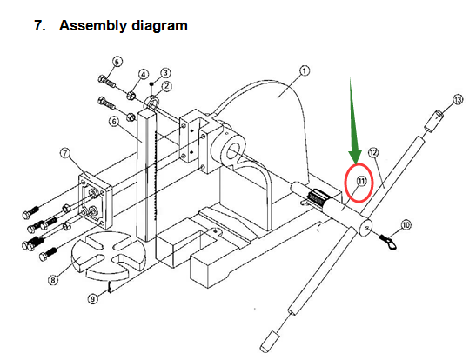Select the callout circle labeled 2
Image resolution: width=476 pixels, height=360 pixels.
(164, 86)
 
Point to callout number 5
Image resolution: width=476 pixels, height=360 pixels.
(117, 62)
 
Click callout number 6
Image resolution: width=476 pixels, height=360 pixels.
(114, 121)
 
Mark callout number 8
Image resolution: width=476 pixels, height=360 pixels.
(53, 280)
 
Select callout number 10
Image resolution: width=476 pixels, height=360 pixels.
(406, 224)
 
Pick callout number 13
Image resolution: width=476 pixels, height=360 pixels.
(458, 101)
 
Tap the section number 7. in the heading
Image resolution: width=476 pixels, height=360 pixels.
(39, 25)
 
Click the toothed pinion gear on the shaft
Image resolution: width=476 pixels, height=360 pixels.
(322, 197)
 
